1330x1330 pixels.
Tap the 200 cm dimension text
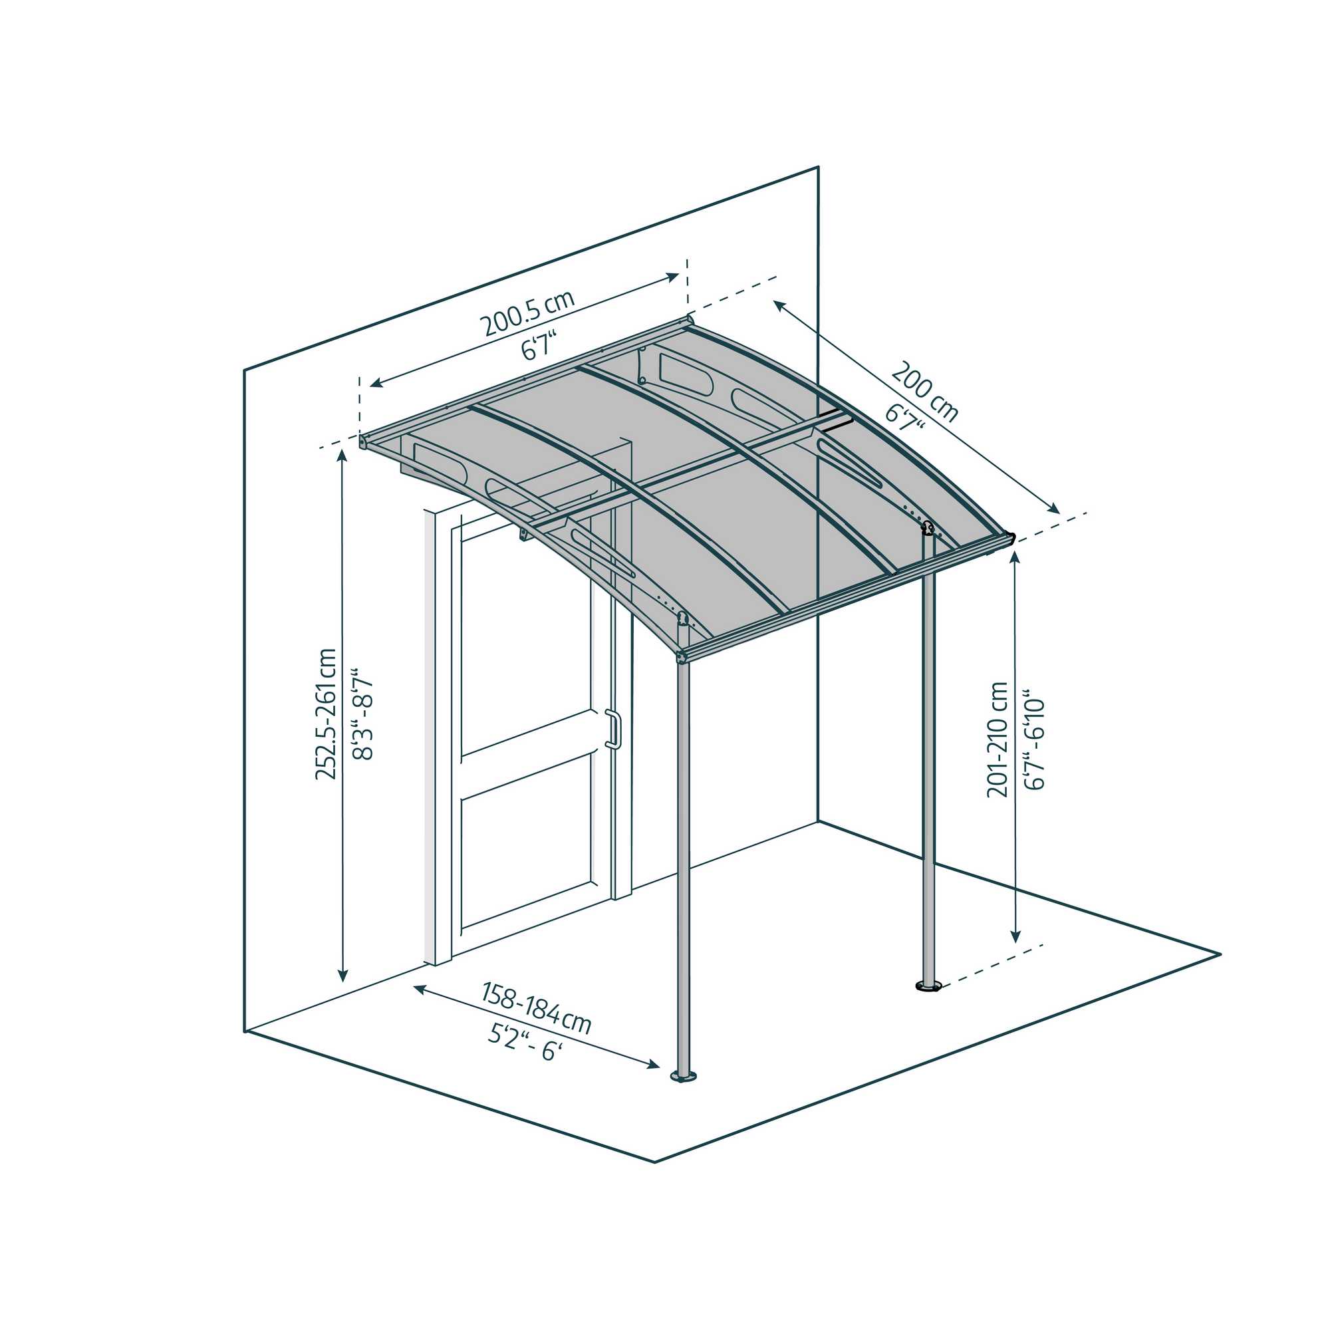point(924,391)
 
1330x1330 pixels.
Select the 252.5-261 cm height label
point(326,714)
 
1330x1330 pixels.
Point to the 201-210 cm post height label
point(997,739)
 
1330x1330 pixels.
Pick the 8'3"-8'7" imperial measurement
point(362,713)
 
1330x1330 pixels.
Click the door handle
point(612,729)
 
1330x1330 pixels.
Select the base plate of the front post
point(684,1077)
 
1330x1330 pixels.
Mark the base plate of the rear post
point(928,987)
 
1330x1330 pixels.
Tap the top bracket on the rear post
point(928,528)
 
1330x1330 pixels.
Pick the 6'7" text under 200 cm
point(904,417)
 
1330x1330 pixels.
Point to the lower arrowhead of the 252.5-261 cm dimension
point(343,975)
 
